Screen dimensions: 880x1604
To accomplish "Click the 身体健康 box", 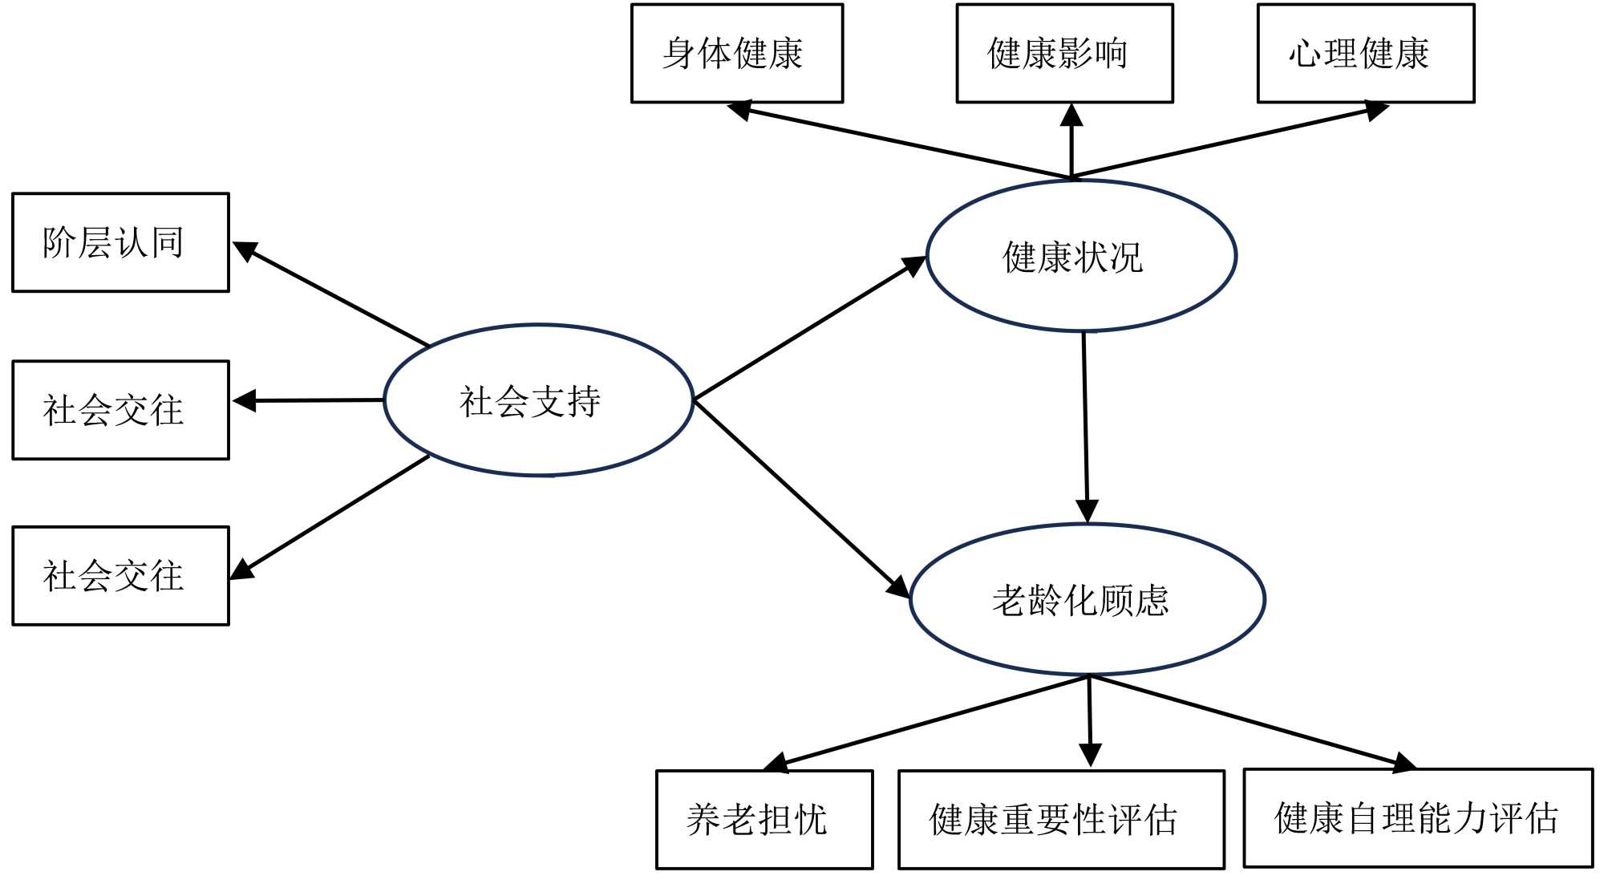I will click(x=736, y=54).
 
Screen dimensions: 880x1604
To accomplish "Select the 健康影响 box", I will click(x=1064, y=54).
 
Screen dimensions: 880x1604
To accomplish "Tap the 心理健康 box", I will click(x=1365, y=54).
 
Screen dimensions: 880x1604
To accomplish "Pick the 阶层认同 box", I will click(x=120, y=242).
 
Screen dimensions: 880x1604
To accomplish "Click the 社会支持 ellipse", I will click(x=538, y=400).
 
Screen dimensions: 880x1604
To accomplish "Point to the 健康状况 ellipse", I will click(x=1080, y=256).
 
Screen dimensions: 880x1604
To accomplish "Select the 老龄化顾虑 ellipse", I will click(x=1087, y=599).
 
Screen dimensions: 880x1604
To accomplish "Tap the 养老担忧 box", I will click(x=764, y=819).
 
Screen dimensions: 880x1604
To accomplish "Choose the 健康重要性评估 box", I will click(x=1060, y=819).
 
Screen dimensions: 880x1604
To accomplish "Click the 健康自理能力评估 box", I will click(x=1417, y=817).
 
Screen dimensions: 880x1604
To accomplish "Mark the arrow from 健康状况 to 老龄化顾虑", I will click(x=1085, y=425).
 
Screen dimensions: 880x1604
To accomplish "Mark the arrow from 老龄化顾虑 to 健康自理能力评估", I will click(x=1251, y=720).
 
